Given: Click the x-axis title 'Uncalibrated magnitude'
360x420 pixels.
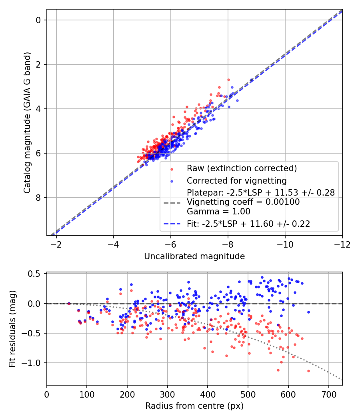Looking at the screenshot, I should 194,256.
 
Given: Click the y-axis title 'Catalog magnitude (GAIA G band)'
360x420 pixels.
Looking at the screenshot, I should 27,122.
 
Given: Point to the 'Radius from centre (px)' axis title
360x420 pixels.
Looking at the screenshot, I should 194,406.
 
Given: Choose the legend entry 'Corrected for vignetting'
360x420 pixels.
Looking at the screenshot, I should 236,180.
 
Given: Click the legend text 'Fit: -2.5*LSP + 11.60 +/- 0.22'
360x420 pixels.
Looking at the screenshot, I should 248,224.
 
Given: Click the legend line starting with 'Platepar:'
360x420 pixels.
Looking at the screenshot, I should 261,193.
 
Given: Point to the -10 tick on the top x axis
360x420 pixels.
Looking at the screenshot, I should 285,244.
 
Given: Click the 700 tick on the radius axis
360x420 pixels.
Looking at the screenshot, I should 328,394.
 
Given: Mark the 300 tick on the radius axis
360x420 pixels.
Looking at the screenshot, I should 168,394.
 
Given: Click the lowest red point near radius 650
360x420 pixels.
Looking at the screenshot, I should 308,371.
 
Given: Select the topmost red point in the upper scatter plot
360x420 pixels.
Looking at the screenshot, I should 228,80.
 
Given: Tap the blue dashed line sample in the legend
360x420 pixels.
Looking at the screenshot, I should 173,224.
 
